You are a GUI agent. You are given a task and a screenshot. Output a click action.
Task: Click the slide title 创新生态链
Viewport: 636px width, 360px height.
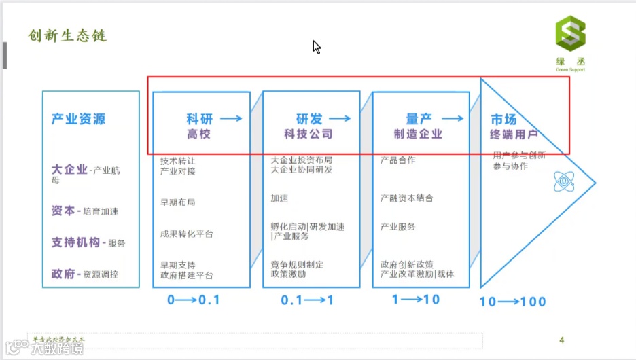[67, 35]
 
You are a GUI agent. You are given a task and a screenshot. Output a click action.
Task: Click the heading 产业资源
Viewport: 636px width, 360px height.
[79, 119]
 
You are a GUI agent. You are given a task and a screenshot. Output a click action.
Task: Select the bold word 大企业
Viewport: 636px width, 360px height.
[69, 169]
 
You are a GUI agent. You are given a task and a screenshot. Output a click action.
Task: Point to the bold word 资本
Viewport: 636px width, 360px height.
[63, 211]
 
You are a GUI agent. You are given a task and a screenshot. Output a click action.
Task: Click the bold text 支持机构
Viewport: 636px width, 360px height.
[75, 242]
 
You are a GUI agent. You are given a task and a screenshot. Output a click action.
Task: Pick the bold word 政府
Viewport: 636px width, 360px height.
[63, 274]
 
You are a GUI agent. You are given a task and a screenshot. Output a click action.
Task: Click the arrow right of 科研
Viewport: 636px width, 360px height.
[231, 118]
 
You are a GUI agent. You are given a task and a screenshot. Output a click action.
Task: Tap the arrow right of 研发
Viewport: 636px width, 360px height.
[340, 118]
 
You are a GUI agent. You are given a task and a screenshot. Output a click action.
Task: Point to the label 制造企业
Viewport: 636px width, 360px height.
[418, 134]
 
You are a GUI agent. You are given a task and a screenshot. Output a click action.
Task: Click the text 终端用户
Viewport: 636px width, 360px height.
[514, 134]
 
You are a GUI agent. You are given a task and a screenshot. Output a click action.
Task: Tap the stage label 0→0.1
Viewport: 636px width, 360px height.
[194, 300]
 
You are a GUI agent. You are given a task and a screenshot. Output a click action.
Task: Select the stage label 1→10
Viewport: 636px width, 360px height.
[416, 300]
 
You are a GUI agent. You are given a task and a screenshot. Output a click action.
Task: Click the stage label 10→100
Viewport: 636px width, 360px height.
[512, 302]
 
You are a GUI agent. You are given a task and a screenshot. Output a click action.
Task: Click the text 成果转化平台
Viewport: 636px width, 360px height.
[187, 234]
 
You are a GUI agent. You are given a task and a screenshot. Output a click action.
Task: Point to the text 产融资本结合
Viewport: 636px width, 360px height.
[407, 198]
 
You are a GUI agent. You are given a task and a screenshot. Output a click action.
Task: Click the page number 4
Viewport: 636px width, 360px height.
[561, 340]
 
